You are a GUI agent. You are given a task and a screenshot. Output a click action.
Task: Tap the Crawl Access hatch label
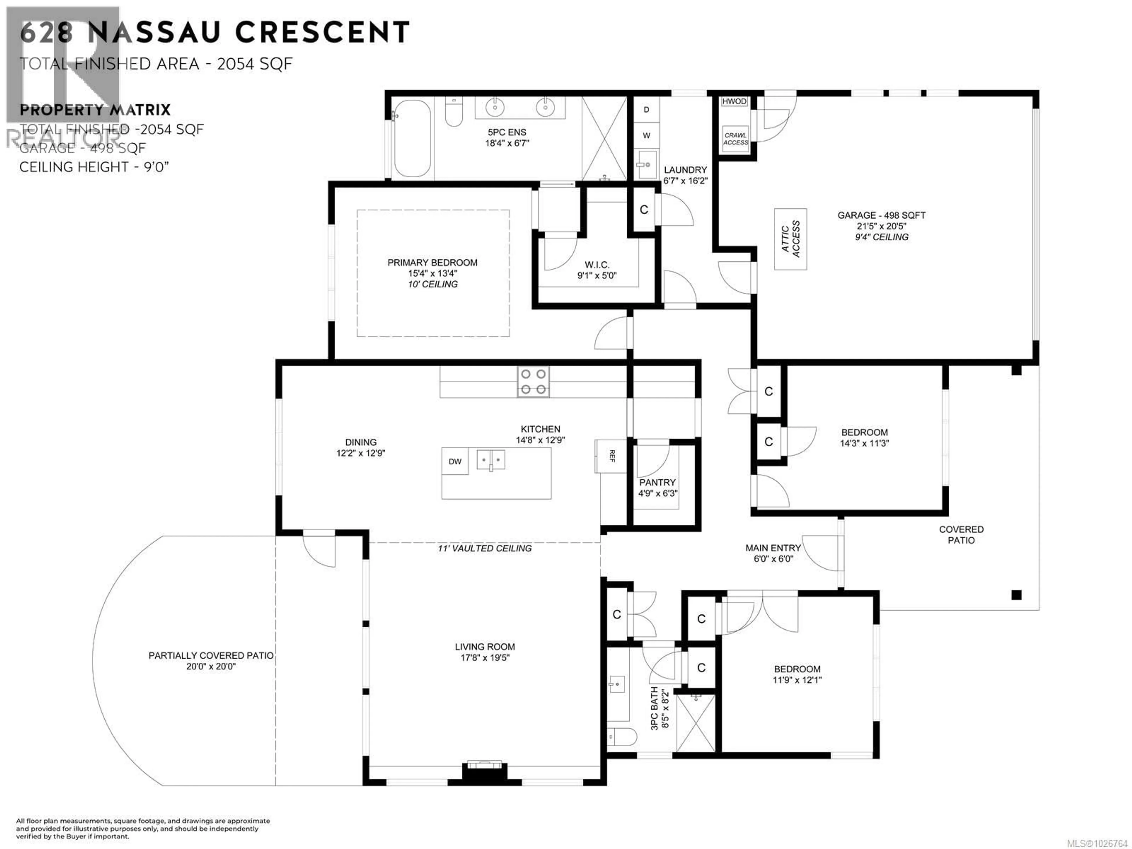[x=736, y=139]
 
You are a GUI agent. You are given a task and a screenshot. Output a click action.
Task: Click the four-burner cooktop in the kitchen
[x=533, y=382]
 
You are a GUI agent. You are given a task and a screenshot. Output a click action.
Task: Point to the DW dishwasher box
[x=455, y=462]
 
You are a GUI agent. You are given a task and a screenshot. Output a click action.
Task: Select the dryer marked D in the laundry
[x=646, y=110]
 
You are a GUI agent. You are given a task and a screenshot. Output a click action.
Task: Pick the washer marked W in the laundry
[x=646, y=136]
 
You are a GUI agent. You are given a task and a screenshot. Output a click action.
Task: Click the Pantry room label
[x=657, y=483]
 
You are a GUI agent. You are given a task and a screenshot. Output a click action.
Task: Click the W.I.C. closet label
[x=597, y=265]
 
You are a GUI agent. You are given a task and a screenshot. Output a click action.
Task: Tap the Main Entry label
[x=773, y=548]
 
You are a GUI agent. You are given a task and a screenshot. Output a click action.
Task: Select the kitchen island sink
[x=490, y=460]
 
